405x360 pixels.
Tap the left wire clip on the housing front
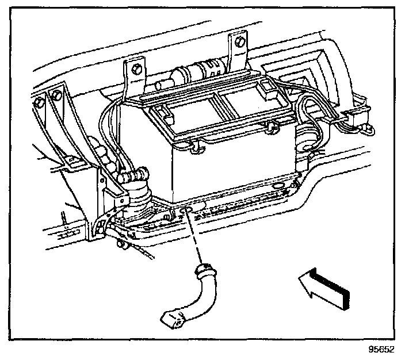(196, 148)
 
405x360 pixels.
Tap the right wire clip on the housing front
(271, 125)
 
